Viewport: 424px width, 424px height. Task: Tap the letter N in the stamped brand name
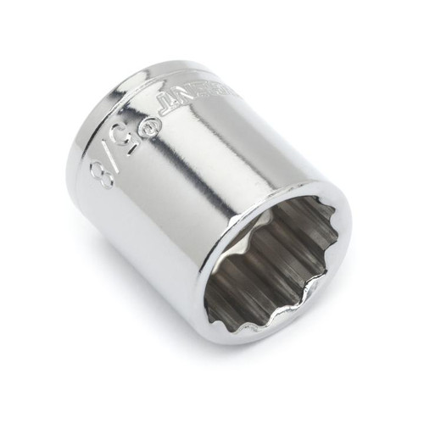pyautogui.click(x=175, y=99)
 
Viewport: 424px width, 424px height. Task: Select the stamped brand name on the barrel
pyautogui.click(x=191, y=94)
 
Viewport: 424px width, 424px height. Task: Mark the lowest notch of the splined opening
pyautogui.click(x=254, y=326)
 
